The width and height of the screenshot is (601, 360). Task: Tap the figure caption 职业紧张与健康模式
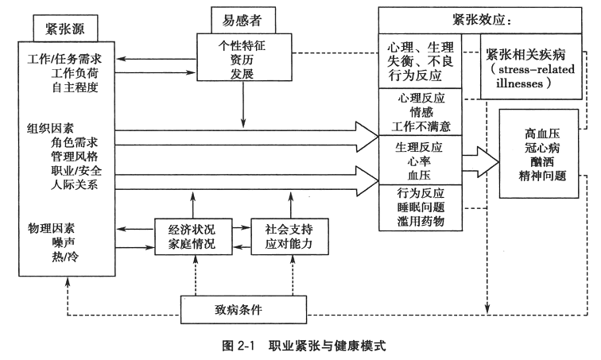[x=325, y=346]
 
